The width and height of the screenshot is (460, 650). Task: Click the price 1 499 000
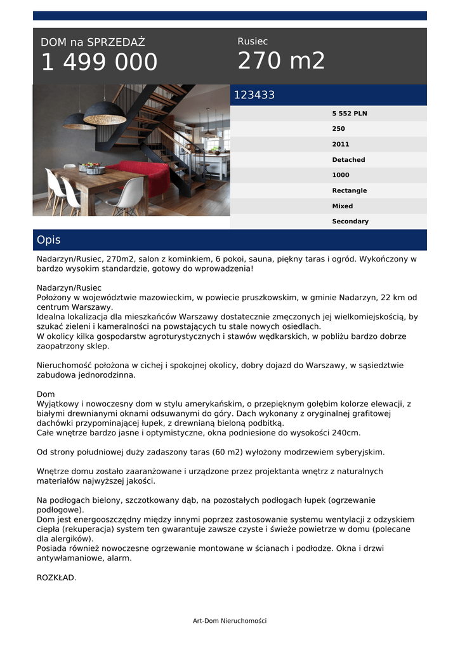click(99, 62)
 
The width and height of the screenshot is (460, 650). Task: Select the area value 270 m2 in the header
click(281, 61)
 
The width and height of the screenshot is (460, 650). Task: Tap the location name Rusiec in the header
click(253, 41)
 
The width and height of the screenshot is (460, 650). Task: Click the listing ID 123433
click(254, 95)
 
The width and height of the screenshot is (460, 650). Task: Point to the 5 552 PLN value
click(350, 114)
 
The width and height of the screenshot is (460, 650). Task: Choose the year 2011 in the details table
click(341, 144)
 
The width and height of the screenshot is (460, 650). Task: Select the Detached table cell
click(348, 160)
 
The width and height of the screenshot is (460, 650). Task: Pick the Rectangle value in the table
click(349, 190)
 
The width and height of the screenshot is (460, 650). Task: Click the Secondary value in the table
click(350, 222)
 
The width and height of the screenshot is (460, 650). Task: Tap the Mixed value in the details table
click(343, 206)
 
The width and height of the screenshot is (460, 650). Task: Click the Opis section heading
click(49, 240)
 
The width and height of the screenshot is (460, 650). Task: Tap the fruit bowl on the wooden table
click(93, 168)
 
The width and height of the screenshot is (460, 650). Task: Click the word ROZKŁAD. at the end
click(56, 578)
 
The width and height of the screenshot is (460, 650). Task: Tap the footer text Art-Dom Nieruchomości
click(230, 621)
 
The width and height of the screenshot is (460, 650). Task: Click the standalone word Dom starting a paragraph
click(46, 394)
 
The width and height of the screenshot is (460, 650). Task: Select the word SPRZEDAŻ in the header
click(116, 43)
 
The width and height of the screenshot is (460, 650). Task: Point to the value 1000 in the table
click(341, 175)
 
